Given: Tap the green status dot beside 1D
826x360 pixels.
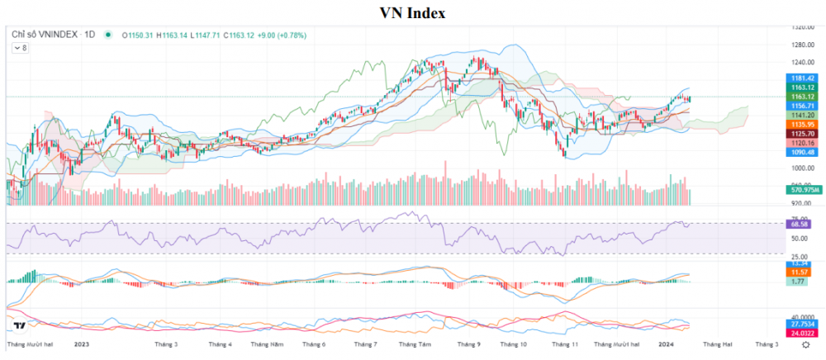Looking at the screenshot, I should coord(107,35).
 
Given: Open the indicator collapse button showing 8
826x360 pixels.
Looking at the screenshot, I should coord(20,48).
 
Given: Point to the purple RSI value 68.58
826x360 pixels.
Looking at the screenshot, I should coord(798,224).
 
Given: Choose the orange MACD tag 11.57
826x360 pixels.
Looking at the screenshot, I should coord(798,272).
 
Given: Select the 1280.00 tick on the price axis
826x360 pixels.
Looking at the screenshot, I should coord(798,45).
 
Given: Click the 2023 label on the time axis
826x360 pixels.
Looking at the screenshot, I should coord(81,343).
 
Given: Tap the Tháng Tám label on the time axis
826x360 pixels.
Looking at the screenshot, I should coord(415,343).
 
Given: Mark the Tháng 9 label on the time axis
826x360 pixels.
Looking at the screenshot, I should coord(468,343).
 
